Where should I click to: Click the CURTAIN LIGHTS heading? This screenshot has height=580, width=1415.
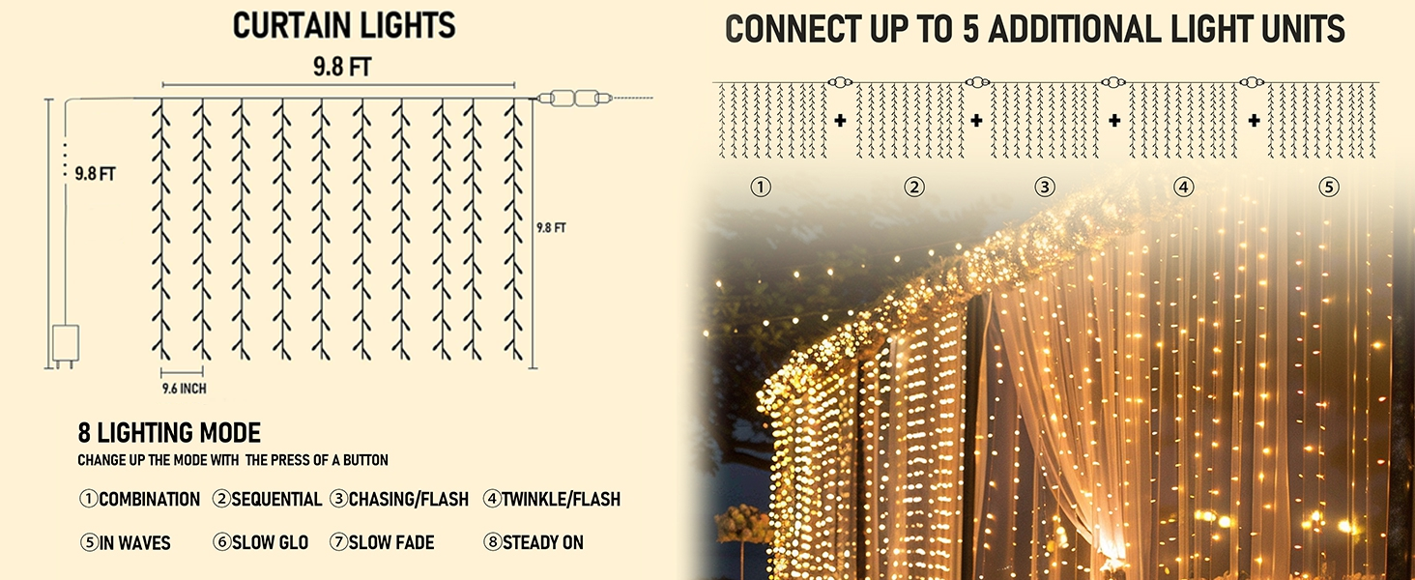point(344,26)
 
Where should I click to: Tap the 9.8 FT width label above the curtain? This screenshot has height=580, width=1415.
point(342,67)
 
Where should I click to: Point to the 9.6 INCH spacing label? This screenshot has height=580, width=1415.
point(184,389)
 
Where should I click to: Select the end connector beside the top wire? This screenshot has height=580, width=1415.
point(575,98)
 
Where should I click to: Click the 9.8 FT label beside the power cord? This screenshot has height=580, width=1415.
point(96,174)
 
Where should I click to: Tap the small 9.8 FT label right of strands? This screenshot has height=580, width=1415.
point(551,228)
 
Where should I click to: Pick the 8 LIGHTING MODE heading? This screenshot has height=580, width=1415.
point(169,433)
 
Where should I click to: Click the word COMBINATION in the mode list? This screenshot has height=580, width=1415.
point(150,499)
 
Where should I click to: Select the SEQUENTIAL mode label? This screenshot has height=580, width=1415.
point(276,499)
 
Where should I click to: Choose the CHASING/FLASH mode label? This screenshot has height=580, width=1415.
point(409,499)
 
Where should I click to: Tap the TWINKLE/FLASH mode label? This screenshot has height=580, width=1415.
point(561,499)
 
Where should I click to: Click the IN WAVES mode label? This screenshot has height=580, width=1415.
point(135,542)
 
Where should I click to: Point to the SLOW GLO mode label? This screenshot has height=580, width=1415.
point(270,542)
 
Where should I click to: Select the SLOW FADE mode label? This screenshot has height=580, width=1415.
point(391,542)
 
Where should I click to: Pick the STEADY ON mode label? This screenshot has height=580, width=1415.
point(542,542)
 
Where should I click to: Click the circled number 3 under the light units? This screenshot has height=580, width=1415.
point(1045,187)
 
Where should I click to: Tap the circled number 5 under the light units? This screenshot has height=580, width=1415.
point(1329,187)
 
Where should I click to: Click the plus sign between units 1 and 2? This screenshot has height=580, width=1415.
point(840,120)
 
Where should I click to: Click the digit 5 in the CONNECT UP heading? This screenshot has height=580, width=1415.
point(971,29)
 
